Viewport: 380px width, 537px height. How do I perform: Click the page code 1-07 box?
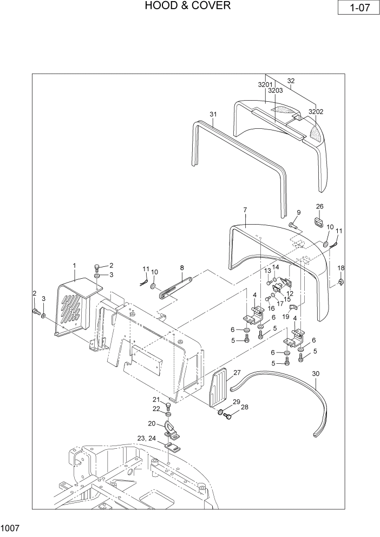pyautogui.click(x=357, y=9)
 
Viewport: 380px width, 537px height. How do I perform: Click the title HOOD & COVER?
pyautogui.click(x=188, y=6)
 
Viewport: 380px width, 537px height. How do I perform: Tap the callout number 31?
pyautogui.click(x=213, y=114)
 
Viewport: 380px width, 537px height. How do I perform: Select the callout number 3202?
pyautogui.click(x=316, y=112)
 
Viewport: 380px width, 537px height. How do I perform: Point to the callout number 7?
pyautogui.click(x=245, y=209)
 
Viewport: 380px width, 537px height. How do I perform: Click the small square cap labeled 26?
pyautogui.click(x=318, y=222)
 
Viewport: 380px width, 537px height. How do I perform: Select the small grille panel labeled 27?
pyautogui.click(x=219, y=387)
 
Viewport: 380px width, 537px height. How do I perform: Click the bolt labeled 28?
pyautogui.click(x=228, y=416)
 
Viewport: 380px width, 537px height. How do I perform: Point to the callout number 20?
pyautogui.click(x=152, y=423)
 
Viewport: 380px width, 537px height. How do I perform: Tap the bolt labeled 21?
pyautogui.click(x=167, y=407)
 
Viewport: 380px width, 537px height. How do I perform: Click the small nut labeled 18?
pyautogui.click(x=341, y=281)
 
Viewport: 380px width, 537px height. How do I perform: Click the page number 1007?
pyautogui.click(x=10, y=527)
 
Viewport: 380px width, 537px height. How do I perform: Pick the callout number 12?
pyautogui.click(x=290, y=293)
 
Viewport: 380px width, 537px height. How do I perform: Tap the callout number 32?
pyautogui.click(x=291, y=81)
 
